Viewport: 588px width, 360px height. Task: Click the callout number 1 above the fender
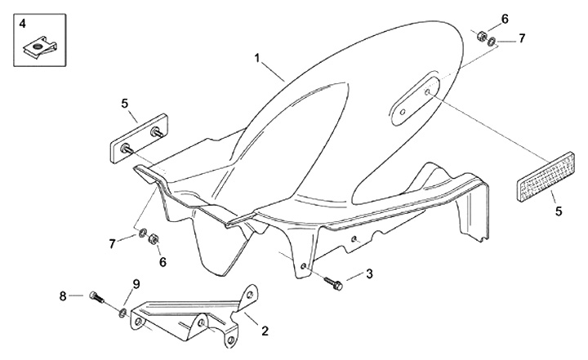(257, 59)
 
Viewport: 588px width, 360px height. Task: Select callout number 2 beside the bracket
(264, 331)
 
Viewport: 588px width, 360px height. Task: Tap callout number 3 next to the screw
(369, 274)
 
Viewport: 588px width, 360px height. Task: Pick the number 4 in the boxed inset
(23, 24)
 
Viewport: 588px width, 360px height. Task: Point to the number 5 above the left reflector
(125, 104)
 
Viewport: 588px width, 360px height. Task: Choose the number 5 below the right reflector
(559, 211)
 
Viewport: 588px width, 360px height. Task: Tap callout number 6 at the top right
(505, 19)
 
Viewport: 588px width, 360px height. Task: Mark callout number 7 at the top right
(522, 38)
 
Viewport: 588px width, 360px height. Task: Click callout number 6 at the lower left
(163, 262)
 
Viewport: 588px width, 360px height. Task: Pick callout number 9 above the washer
(136, 284)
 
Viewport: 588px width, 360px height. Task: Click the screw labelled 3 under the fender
(334, 282)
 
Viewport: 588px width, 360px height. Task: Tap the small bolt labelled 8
(97, 297)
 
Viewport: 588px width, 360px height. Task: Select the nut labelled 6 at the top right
(482, 36)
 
